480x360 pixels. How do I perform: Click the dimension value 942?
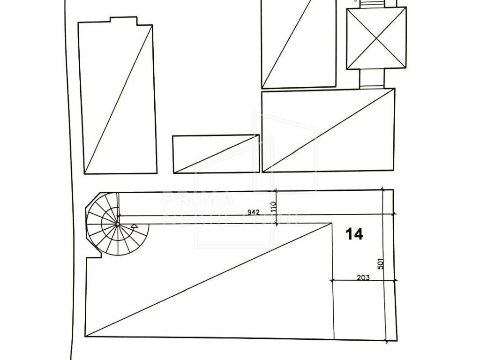click(254, 212)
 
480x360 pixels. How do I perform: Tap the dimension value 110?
click(274, 207)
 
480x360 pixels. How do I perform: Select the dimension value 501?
click(381, 263)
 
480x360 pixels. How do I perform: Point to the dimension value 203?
click(363, 277)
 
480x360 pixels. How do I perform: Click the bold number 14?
click(354, 234)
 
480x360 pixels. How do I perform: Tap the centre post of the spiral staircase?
click(118, 224)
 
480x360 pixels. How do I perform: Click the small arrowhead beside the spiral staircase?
click(134, 226)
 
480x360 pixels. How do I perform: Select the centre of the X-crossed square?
click(376, 38)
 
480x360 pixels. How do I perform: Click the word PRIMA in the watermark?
click(197, 199)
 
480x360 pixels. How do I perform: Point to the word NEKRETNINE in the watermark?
click(234, 218)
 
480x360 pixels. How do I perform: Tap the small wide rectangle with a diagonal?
click(216, 154)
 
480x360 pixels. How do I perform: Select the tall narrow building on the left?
click(118, 98)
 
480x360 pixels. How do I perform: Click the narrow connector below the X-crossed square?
click(371, 79)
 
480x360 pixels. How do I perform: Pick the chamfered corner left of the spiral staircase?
click(93, 200)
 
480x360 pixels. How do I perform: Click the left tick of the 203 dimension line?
click(332, 280)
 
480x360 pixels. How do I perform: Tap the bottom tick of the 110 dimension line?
click(277, 224)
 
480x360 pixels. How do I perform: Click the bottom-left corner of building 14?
click(85, 337)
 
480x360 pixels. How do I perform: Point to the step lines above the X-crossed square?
click(371, 3)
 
